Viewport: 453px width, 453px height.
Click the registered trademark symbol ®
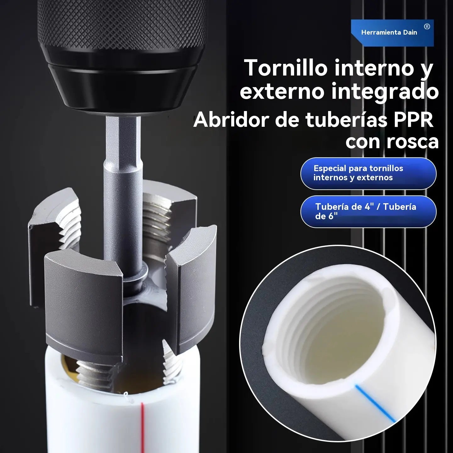(x=427, y=27)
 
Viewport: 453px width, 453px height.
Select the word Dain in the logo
(x=410, y=32)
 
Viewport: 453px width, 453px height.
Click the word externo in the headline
(x=282, y=91)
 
